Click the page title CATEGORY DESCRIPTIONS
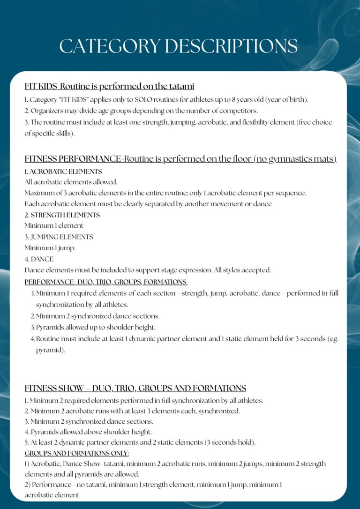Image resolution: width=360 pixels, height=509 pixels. point(179,46)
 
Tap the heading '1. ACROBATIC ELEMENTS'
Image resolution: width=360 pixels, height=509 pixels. point(63,172)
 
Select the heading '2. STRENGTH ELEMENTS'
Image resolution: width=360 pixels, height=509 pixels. point(62,215)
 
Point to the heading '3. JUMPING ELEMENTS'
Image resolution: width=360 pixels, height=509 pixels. point(59,237)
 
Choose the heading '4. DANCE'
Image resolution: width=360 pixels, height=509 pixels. point(39,259)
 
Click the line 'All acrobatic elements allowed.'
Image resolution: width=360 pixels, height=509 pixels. point(71,182)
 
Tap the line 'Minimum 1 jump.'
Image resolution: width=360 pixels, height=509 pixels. point(50,248)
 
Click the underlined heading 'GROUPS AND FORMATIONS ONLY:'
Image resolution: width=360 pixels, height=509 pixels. point(77,453)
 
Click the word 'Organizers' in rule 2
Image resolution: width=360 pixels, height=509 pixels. point(47,111)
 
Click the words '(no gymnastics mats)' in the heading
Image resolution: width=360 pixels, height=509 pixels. point(295,159)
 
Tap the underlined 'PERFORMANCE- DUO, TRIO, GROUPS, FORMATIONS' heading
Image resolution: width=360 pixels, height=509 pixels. point(105,282)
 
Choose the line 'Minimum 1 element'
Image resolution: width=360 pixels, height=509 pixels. point(54,225)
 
